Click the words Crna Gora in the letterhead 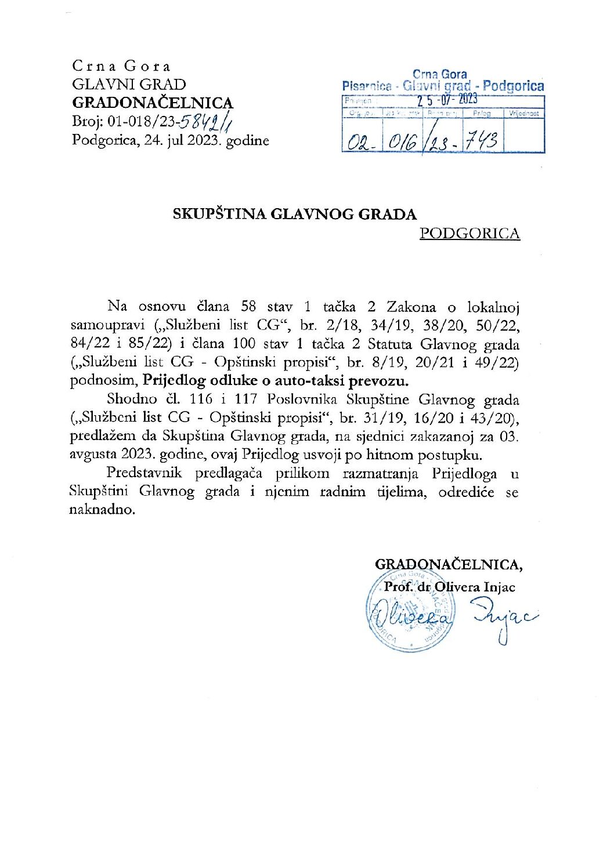point(121,66)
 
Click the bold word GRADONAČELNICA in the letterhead point(152,103)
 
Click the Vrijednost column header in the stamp point(523,114)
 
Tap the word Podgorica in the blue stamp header point(513,86)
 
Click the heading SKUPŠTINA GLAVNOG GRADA point(294,214)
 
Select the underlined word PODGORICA point(469,234)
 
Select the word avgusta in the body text point(94,455)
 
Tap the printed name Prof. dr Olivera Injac point(449,587)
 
